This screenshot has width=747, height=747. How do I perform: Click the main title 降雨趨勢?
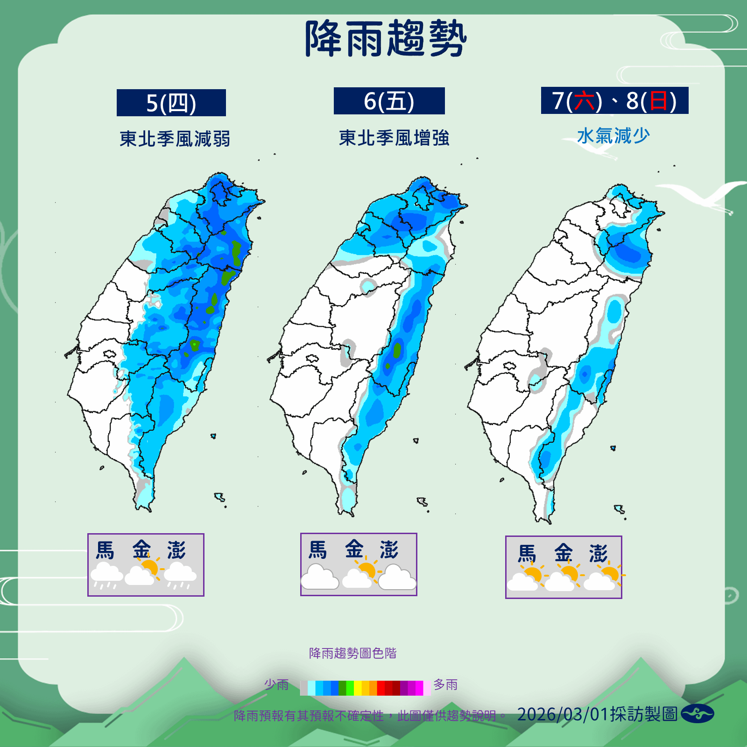click(x=386, y=39)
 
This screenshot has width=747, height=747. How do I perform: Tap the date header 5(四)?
click(x=171, y=103)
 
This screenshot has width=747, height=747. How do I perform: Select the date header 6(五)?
click(x=389, y=101)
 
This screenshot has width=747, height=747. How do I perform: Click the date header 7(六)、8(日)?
click(x=614, y=100)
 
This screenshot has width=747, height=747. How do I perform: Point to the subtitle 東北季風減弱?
click(x=175, y=139)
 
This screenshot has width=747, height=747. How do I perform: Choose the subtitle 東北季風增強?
click(x=394, y=138)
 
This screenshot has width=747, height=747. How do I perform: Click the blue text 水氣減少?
click(x=613, y=136)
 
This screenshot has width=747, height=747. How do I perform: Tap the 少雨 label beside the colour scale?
click(x=276, y=684)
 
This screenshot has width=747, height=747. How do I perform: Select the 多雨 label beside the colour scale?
click(x=445, y=684)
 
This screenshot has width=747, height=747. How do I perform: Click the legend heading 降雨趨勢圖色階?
click(x=352, y=653)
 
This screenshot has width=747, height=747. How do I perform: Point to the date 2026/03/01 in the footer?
click(x=562, y=714)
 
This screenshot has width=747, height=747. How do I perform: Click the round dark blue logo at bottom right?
click(x=697, y=714)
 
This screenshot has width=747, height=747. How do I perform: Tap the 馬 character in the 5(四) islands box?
click(x=105, y=550)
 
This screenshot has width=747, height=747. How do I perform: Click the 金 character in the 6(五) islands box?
click(x=354, y=549)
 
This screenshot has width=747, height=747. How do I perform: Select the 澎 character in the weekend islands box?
click(x=598, y=554)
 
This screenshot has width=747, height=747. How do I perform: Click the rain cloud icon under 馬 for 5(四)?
click(x=106, y=575)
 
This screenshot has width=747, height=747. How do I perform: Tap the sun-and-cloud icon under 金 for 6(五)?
click(x=360, y=575)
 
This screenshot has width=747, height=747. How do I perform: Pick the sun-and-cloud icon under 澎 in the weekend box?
click(x=604, y=578)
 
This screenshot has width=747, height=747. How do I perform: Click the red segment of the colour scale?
click(x=381, y=688)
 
